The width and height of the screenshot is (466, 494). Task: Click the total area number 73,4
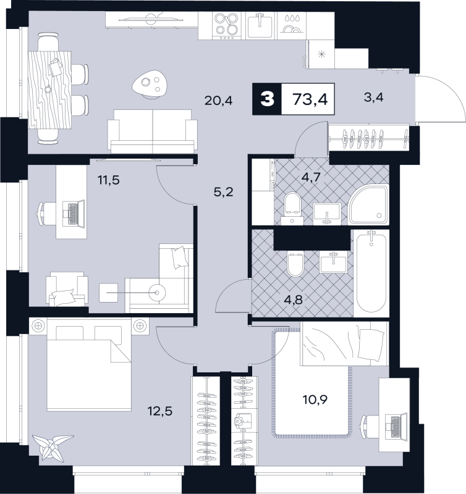tap(310, 99)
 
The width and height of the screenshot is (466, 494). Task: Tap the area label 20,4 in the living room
tap(219, 101)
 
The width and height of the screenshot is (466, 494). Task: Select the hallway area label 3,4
tap(374, 98)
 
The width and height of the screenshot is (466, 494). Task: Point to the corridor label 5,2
tap(224, 192)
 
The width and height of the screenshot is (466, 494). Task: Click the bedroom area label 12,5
tap(161, 411)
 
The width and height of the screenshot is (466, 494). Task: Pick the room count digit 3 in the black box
tap(268, 99)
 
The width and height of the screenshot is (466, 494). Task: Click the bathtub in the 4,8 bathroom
tap(371, 273)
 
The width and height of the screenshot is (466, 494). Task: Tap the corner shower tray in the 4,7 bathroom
tap(368, 204)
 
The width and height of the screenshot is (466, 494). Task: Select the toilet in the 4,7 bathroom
tap(292, 209)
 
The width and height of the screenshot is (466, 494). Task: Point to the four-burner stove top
tap(226, 25)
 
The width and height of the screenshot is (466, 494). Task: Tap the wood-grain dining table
tap(50, 90)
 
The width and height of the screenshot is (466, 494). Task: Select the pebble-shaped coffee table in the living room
tap(150, 84)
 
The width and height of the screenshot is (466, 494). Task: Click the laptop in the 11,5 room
tap(74, 212)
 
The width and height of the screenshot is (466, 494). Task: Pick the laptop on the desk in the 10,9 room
tap(396, 427)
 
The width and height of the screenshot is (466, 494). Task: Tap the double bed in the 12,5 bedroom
tap(88, 364)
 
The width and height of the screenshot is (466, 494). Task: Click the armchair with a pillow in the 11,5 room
tap(67, 289)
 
